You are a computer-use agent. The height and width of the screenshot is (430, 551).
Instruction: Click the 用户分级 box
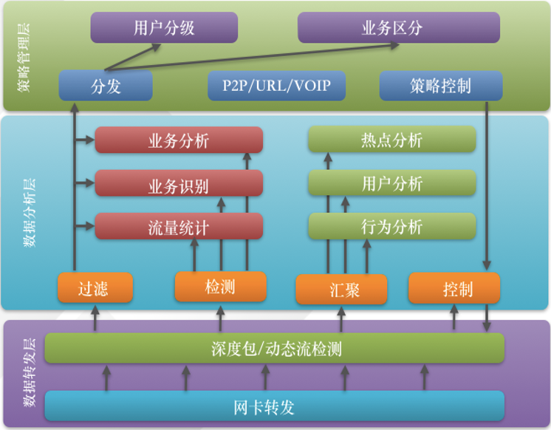point(164,28)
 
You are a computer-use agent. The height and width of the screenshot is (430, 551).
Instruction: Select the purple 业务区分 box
point(398,28)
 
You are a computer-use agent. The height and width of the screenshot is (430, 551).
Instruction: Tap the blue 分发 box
point(106,86)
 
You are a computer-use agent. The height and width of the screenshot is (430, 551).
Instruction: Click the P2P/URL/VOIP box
point(277,86)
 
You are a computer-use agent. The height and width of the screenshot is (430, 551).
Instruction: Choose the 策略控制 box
point(440,86)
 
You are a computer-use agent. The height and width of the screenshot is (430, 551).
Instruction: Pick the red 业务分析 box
point(179,140)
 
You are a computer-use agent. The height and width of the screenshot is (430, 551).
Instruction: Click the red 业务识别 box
point(179,185)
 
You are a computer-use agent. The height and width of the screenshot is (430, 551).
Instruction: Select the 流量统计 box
point(179,227)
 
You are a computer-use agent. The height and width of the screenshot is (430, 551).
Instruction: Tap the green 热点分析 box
point(391,140)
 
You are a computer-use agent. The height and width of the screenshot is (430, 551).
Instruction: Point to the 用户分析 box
point(391,183)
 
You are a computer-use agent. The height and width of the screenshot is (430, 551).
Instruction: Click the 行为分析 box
point(391,226)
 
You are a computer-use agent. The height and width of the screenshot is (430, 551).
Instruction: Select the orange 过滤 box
point(95,288)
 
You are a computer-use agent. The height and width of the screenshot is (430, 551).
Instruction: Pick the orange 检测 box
point(220,287)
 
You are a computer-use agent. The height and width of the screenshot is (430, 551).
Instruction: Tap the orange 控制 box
point(454,288)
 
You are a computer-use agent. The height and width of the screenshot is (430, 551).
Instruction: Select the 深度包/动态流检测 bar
point(275,348)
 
